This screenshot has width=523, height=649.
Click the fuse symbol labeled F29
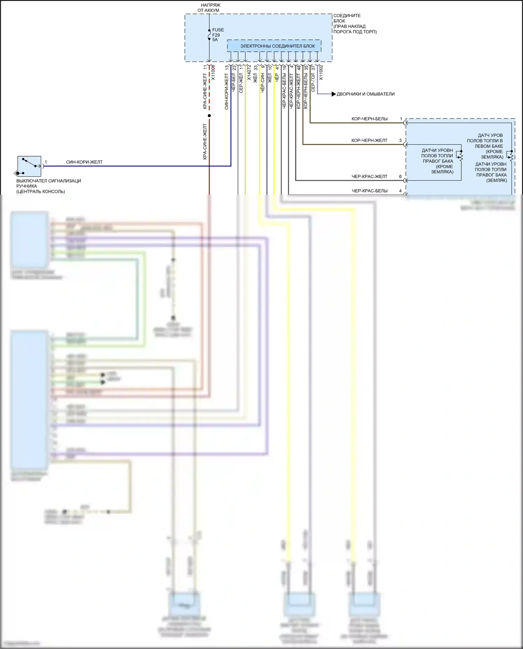tap(209, 35)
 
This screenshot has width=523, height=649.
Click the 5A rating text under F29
tap(215, 40)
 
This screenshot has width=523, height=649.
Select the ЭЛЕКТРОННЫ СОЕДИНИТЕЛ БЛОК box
tap(274, 46)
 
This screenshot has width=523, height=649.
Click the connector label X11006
tap(213, 73)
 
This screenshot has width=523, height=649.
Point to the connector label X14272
tap(249, 73)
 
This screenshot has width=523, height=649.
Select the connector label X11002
tap(321, 73)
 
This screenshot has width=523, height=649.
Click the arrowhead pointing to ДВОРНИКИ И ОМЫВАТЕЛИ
tap(333, 94)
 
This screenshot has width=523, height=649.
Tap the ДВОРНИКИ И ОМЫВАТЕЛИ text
tap(365, 94)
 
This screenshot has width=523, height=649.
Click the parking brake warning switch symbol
tap(29, 166)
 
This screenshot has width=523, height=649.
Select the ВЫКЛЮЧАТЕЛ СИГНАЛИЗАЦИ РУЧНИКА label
tap(48, 186)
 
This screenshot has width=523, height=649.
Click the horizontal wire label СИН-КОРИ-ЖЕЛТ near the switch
tap(84, 162)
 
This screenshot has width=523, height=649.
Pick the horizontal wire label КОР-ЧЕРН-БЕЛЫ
tap(369, 119)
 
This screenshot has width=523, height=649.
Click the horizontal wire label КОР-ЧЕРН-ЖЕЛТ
tap(369, 141)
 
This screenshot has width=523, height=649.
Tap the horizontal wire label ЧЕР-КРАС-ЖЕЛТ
tap(369, 176)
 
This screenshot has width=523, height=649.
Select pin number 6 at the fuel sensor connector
tap(400, 176)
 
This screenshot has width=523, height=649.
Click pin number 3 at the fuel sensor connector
tap(400, 141)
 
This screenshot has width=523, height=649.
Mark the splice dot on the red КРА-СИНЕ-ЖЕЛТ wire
tap(209, 116)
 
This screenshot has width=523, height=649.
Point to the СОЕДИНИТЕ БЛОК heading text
tap(347, 18)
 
